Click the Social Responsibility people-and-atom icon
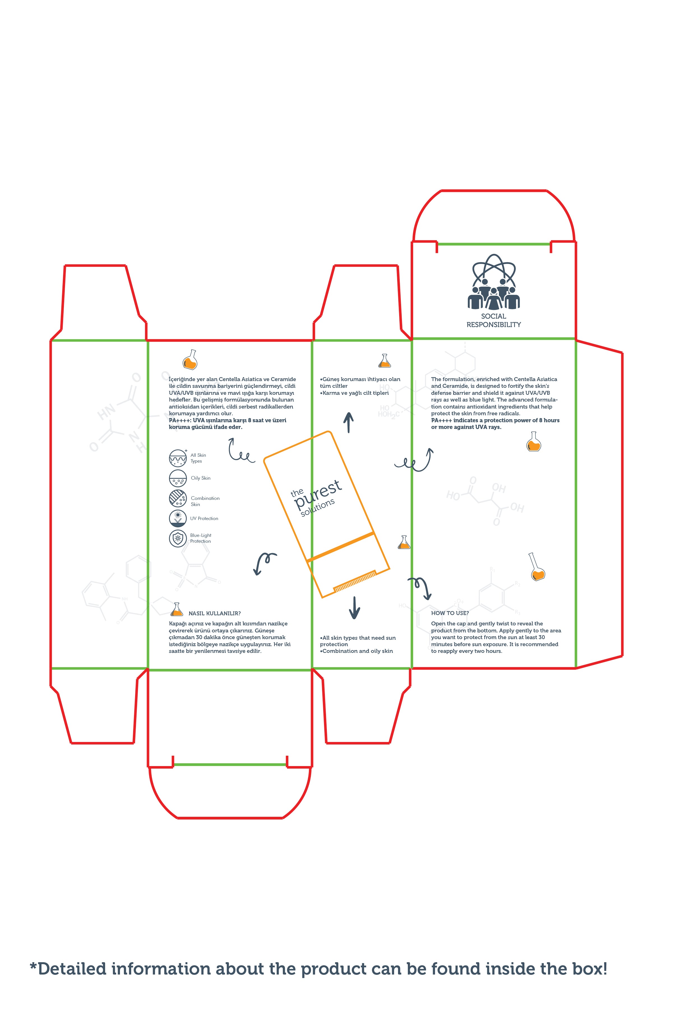tap(494, 282)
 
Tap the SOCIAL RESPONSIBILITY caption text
tap(494, 321)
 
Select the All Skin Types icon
tap(178, 458)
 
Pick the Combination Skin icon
tap(178, 498)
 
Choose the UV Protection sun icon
tap(178, 518)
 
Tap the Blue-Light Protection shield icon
tap(178, 538)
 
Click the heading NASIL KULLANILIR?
tap(215, 613)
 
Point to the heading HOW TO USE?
tap(450, 613)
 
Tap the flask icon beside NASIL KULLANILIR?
tap(176, 609)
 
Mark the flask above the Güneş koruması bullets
tap(385, 361)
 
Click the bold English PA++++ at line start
tap(441, 420)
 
